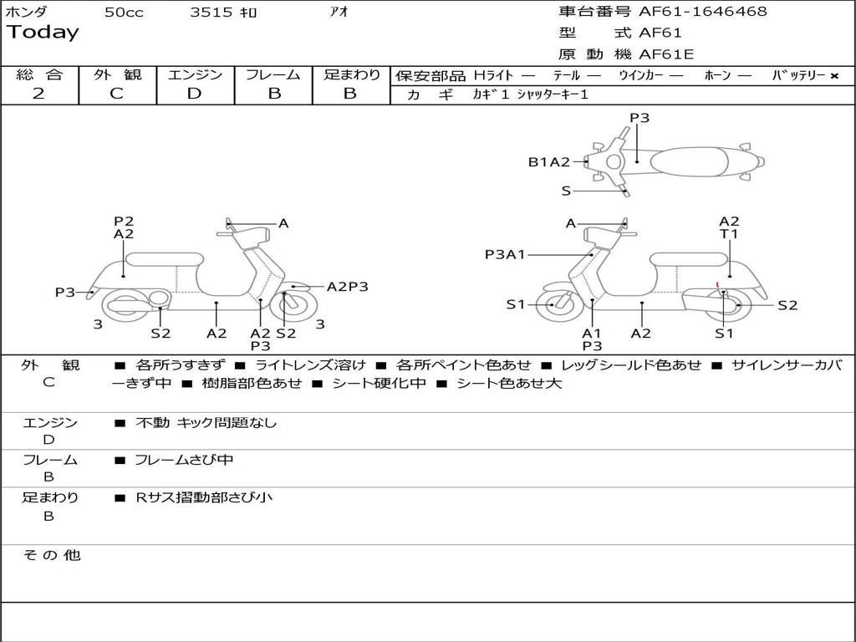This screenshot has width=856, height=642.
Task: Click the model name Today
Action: click(x=43, y=33)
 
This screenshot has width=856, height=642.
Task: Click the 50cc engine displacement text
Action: click(x=124, y=13)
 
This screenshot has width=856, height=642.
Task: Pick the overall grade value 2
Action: click(x=38, y=94)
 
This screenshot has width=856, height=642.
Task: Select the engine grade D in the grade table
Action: click(x=194, y=94)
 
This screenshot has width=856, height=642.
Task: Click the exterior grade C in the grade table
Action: click(x=116, y=94)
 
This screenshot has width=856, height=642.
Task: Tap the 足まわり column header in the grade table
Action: click(x=351, y=75)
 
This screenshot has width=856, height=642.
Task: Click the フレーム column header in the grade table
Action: click(x=273, y=75)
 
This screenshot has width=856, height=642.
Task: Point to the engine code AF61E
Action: click(x=666, y=55)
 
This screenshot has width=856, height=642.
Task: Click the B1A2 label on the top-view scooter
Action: click(x=548, y=162)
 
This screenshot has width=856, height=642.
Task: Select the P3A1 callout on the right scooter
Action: click(x=505, y=254)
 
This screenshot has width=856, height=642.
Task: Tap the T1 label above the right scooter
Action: click(x=729, y=235)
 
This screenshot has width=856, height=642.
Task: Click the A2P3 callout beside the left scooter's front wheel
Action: click(x=347, y=287)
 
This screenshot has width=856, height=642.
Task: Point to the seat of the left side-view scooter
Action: click(x=164, y=259)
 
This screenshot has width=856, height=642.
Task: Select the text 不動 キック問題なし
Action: click(x=206, y=423)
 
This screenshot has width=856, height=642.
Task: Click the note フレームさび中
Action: click(x=184, y=460)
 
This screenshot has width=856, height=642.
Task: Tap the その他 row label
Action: click(x=51, y=555)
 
